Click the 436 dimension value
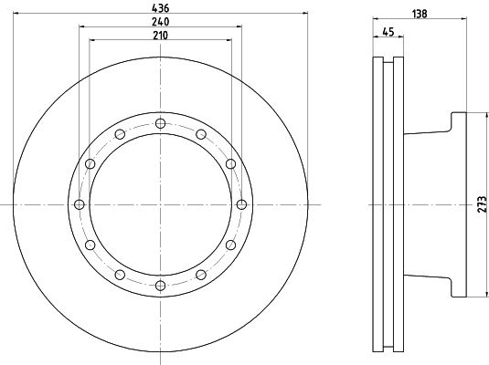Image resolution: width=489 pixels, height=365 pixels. [x=160, y=8]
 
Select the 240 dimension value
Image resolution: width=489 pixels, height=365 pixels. [x=160, y=22]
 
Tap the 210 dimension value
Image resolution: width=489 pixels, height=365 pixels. [x=160, y=36]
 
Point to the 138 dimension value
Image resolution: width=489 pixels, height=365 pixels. [x=420, y=14]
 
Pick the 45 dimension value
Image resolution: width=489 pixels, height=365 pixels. [x=388, y=31]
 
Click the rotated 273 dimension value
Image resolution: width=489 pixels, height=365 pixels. [x=483, y=204]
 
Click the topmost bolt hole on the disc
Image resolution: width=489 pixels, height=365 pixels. [x=160, y=123]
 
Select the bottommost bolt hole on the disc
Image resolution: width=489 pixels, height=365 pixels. [x=160, y=286]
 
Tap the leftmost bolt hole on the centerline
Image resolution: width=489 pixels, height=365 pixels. [x=80, y=204]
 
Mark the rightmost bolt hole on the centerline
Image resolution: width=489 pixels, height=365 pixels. [x=241, y=204]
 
